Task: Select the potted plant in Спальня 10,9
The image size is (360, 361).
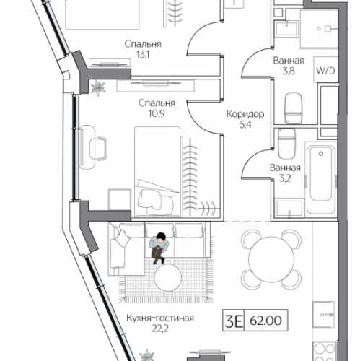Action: point(97,87)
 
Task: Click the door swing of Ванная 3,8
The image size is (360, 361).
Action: point(253,69)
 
